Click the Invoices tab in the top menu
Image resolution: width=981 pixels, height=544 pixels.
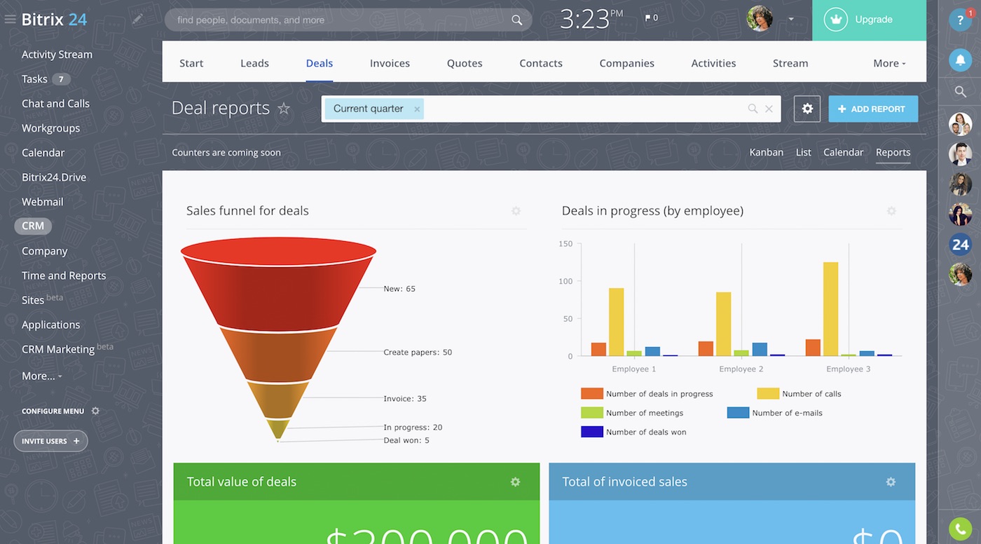click(390, 63)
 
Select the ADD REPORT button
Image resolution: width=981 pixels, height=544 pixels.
click(872, 109)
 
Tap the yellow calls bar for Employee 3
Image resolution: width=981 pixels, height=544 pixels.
click(830, 308)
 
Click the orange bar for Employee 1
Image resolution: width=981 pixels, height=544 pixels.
click(598, 349)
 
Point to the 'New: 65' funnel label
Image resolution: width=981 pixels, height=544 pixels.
click(399, 289)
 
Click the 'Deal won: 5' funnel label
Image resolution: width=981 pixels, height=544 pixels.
click(406, 440)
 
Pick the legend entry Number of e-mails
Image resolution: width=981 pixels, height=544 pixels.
click(786, 413)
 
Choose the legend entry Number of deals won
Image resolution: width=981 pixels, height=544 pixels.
click(645, 432)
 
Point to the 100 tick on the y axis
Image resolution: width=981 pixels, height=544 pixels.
click(565, 281)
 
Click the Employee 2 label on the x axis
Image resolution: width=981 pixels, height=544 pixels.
click(741, 369)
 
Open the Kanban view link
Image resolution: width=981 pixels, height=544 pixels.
click(766, 152)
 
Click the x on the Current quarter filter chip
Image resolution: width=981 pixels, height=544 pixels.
click(417, 109)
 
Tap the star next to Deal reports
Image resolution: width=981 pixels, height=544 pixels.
click(284, 109)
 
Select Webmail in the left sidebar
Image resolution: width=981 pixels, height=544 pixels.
click(43, 202)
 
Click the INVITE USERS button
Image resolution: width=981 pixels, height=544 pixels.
click(50, 441)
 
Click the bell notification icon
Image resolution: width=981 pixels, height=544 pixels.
click(960, 60)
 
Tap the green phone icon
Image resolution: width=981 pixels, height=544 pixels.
click(960, 529)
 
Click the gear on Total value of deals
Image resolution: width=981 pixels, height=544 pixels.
click(515, 482)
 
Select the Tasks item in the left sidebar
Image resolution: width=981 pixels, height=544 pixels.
click(35, 79)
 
